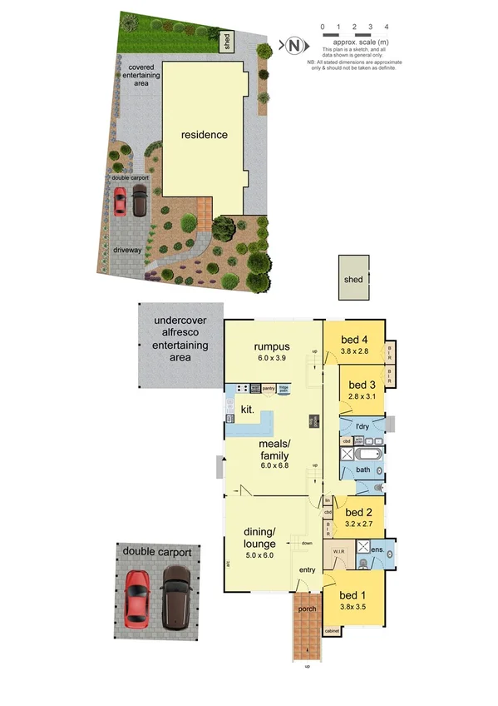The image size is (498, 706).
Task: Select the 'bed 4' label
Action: point(353,340)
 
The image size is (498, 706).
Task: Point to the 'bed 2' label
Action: point(359,512)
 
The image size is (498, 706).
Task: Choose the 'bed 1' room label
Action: point(353,595)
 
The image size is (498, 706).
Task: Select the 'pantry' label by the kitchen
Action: point(269,388)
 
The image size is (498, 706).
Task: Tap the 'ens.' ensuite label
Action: point(376,550)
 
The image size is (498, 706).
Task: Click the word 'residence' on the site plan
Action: point(205,134)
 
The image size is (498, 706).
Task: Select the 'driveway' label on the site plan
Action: point(129,249)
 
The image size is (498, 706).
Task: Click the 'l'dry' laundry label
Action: point(362,427)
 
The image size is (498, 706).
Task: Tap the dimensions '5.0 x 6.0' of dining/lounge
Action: point(260,554)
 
